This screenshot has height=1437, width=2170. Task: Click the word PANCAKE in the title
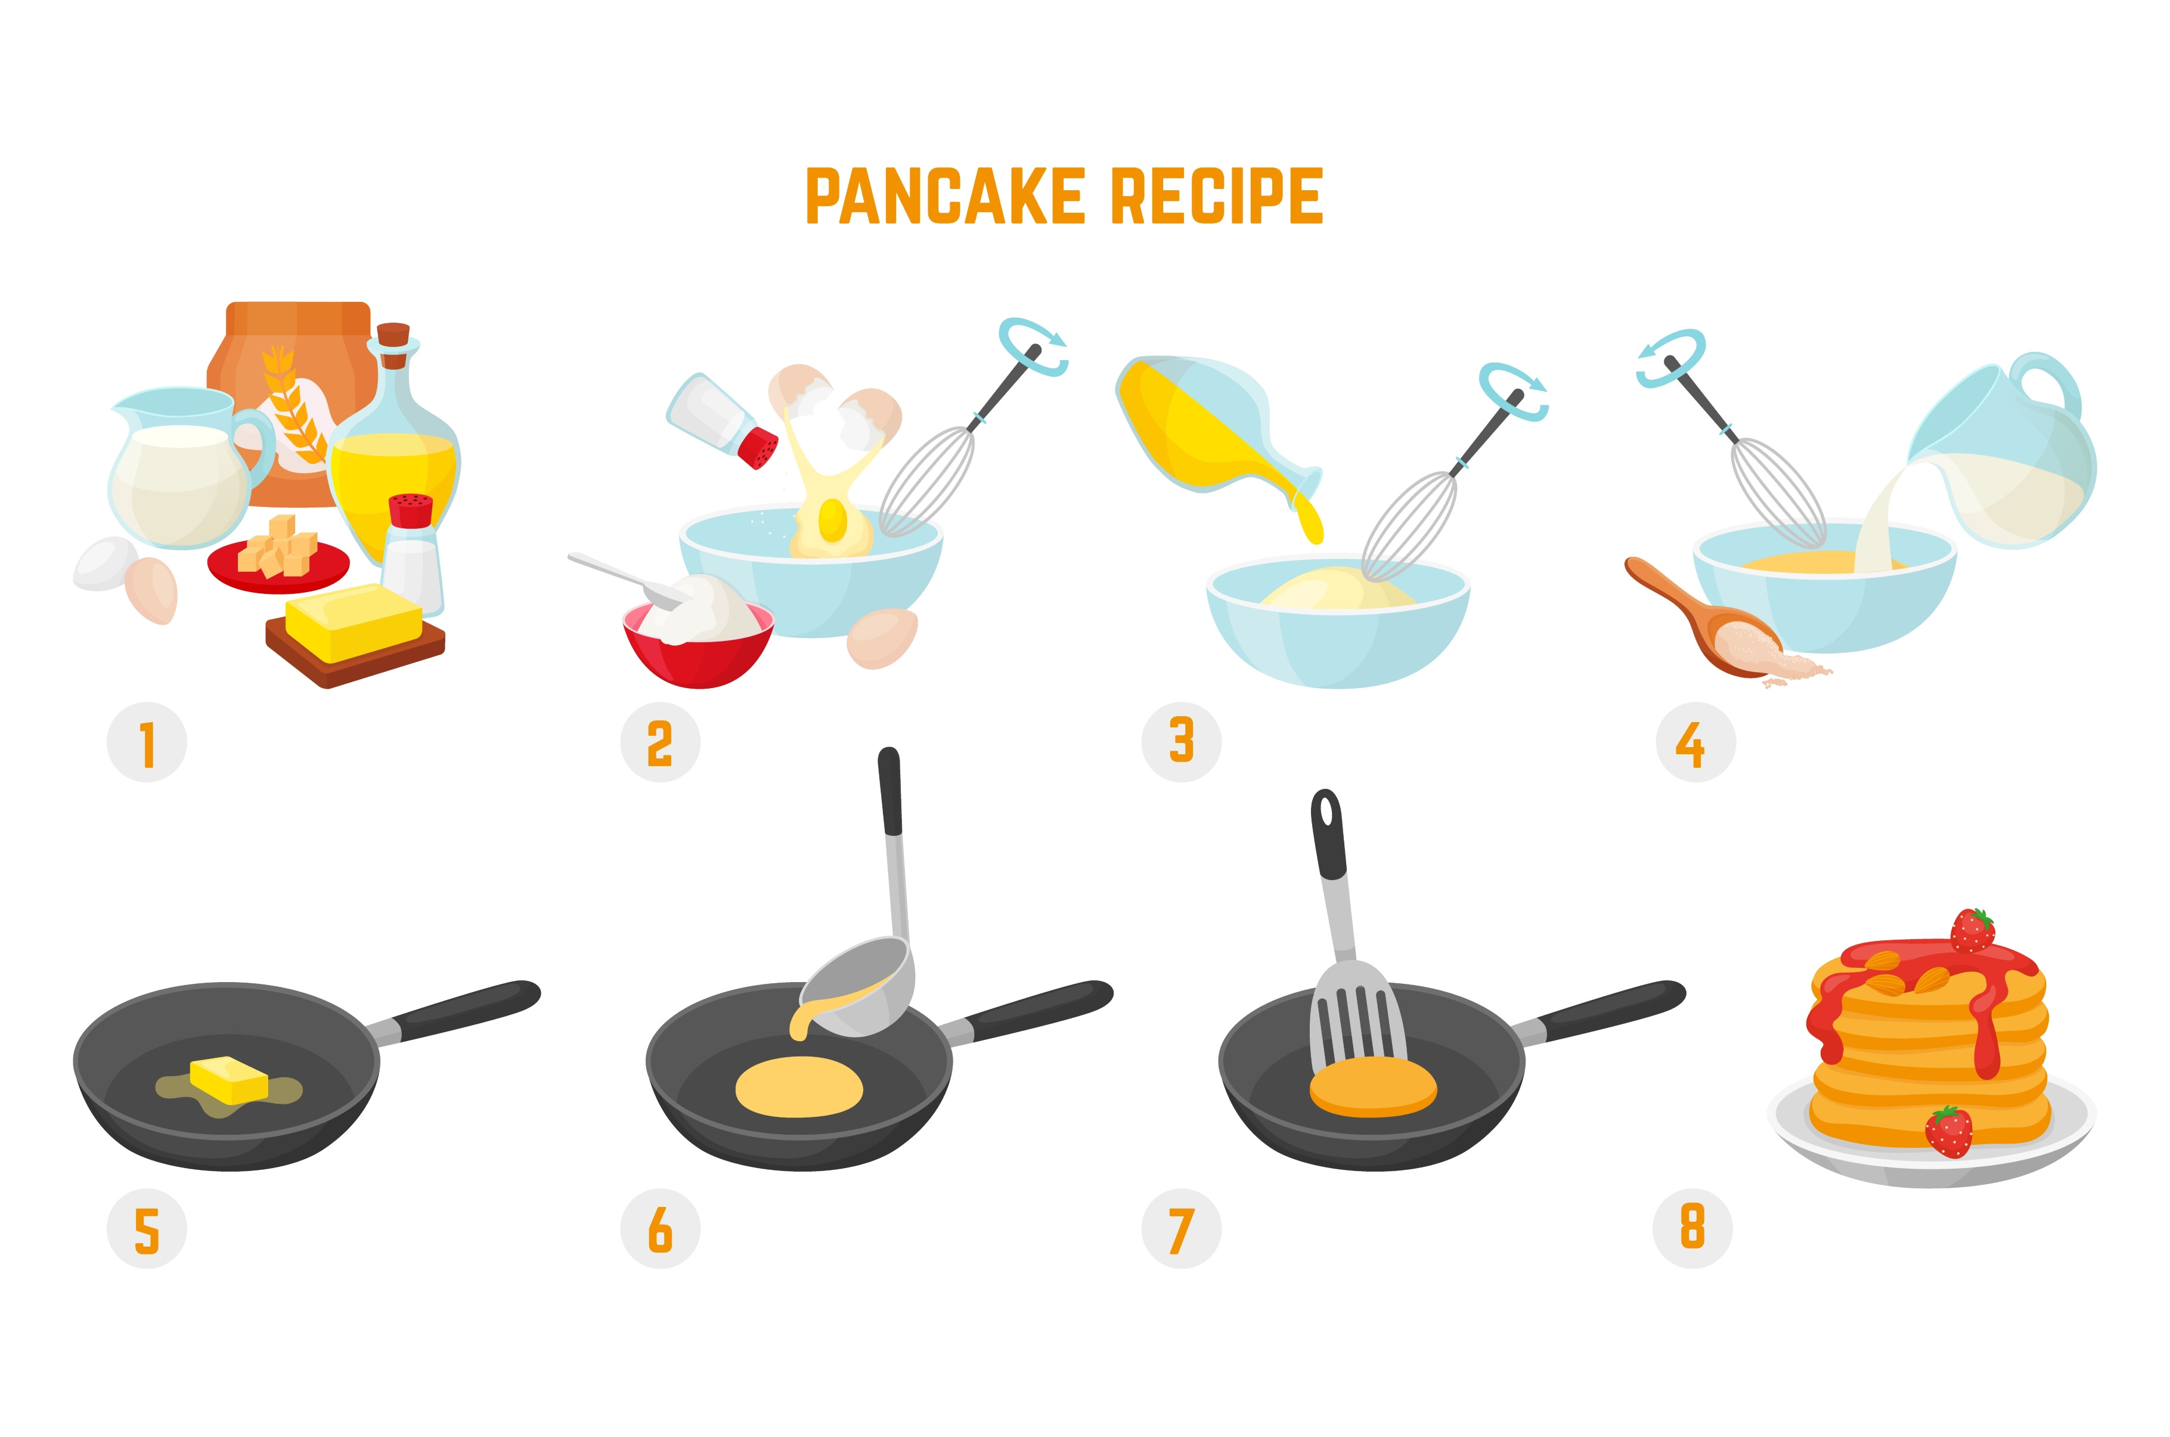pyautogui.click(x=944, y=196)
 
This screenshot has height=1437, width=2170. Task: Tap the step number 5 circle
pyautogui.click(x=147, y=1229)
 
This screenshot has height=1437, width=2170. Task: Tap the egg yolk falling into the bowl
pyautogui.click(x=833, y=519)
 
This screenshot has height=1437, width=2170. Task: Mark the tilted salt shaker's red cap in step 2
pyautogui.click(x=758, y=449)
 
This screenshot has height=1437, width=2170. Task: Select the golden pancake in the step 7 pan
pyautogui.click(x=1373, y=1087)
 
